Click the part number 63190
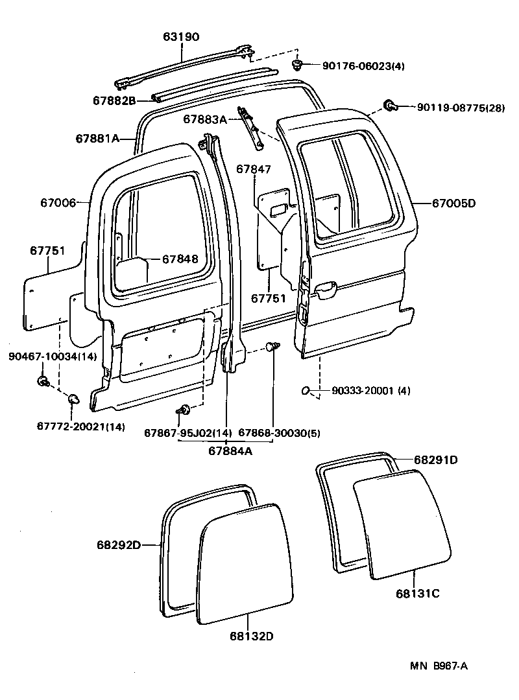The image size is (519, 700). (181, 37)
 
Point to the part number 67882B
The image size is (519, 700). (114, 100)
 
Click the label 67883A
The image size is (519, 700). (205, 119)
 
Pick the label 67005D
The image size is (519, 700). (453, 203)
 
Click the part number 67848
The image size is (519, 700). (180, 259)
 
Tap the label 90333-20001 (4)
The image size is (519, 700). (370, 391)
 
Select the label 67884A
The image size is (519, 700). (230, 451)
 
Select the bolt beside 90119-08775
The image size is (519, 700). (391, 105)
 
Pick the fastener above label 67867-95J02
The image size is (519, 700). (184, 409)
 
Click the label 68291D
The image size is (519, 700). (436, 460)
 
